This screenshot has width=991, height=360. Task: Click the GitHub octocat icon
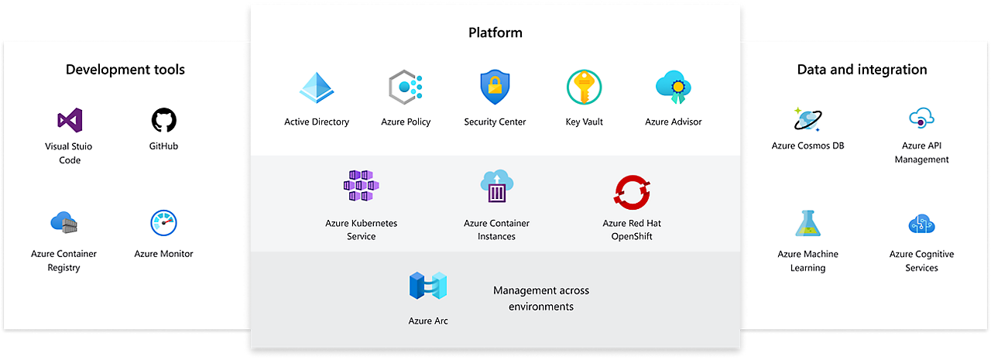coord(163,120)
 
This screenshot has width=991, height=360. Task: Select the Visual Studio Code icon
coord(70,120)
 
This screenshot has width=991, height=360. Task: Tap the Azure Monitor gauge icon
coord(163,223)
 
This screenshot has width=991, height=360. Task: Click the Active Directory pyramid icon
coord(316,88)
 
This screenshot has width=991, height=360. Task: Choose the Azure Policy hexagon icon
coord(405,88)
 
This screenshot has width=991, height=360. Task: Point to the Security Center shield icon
coord(495,87)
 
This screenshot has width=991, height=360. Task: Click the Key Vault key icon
coord(584,87)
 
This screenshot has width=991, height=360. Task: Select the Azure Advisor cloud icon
coord(673,87)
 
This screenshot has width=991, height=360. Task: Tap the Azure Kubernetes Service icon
coord(361,187)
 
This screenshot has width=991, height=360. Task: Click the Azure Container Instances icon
coord(496,187)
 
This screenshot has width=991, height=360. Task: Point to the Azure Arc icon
coord(428,286)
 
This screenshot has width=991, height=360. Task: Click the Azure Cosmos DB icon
coord(808,119)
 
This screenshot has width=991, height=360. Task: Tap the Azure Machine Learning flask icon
coord(808,223)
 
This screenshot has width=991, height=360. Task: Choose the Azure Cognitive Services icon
coord(921,224)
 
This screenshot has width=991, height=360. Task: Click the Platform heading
coord(495,33)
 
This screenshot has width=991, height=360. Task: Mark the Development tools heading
coord(125,70)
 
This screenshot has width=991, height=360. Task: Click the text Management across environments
coord(541,298)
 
